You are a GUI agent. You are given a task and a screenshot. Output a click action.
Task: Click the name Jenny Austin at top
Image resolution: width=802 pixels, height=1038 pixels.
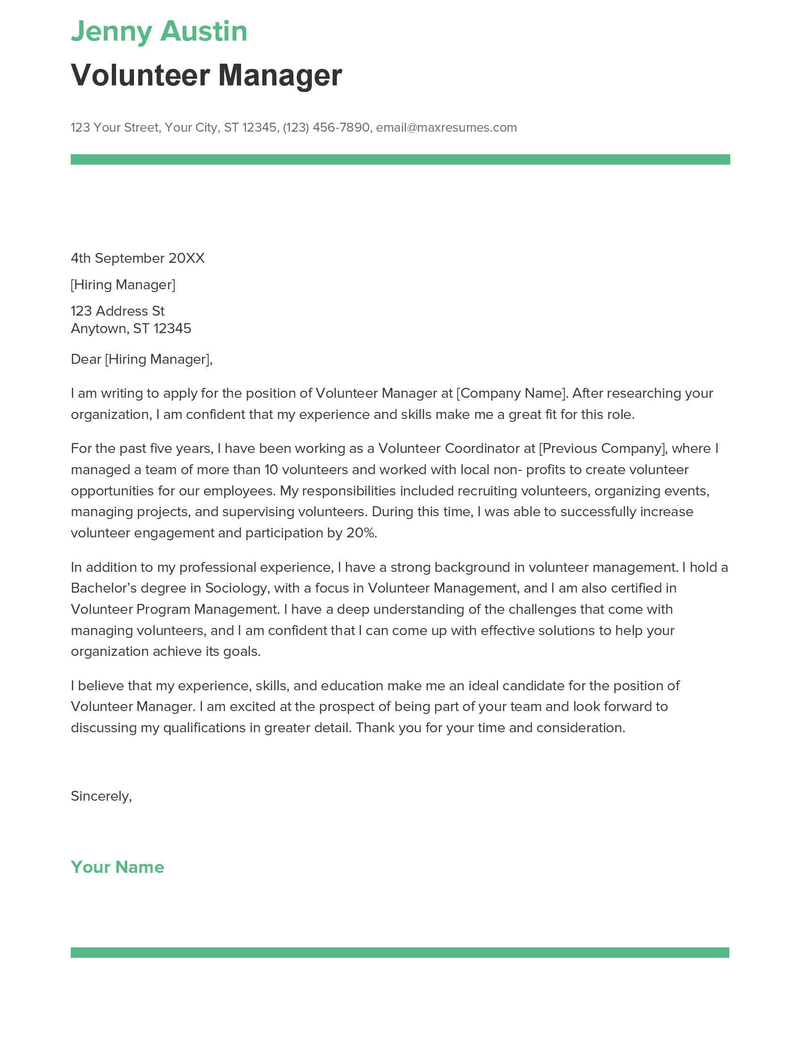(159, 31)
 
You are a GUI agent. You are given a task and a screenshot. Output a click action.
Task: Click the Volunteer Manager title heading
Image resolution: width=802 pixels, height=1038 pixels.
(206, 75)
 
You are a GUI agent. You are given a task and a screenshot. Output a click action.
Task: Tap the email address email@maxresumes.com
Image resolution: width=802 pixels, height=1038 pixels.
(446, 127)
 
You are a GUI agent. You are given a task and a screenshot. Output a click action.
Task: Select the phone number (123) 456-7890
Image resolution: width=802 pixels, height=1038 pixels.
(326, 127)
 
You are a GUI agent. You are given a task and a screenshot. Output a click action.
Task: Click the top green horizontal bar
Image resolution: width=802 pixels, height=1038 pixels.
(400, 159)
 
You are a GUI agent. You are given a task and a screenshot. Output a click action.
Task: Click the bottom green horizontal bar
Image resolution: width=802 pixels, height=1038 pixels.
(400, 953)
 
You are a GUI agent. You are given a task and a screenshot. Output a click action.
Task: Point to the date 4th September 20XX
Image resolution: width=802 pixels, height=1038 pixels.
(138, 258)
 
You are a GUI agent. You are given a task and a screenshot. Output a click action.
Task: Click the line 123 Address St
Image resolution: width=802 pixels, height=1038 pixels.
(117, 311)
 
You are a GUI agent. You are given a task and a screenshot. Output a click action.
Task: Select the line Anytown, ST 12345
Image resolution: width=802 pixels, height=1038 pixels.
(131, 328)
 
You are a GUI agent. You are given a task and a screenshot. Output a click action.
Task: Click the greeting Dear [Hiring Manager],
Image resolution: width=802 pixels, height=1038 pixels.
(142, 360)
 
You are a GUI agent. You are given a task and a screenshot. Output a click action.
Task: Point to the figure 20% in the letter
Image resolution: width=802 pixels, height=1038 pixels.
(360, 533)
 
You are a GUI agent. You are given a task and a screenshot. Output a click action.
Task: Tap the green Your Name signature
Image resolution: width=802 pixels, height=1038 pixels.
(117, 867)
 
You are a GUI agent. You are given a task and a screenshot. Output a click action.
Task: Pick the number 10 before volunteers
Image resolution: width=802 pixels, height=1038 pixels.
(271, 470)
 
